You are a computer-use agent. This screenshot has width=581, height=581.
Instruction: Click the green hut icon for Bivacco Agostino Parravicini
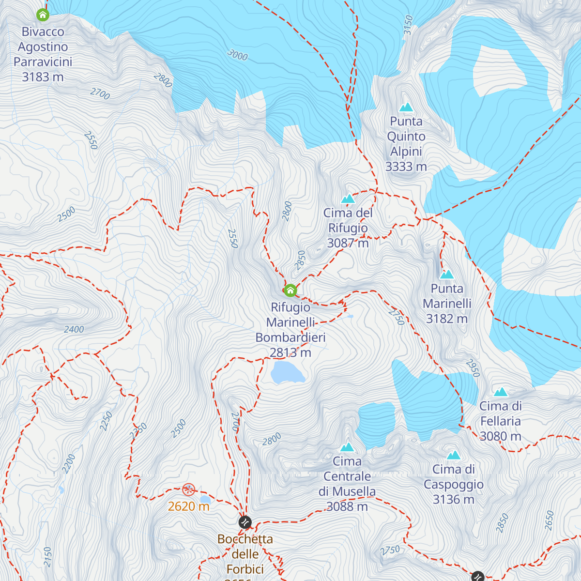[43, 15]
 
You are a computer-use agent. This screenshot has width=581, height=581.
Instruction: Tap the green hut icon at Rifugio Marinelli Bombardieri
[290, 290]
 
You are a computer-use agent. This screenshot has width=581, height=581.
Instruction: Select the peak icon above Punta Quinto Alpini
[406, 107]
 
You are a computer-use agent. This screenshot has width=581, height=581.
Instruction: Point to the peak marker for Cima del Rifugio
[348, 199]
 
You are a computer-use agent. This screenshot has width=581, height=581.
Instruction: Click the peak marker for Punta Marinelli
[446, 275]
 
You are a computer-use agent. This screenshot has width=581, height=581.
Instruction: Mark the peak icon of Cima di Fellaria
[501, 392]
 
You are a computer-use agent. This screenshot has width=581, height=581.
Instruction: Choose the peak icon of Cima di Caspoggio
[453, 455]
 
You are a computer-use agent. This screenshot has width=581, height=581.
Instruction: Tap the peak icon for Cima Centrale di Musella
[347, 447]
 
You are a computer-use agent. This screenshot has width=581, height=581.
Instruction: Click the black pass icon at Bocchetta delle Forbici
[245, 522]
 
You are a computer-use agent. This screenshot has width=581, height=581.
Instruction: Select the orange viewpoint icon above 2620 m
[188, 489]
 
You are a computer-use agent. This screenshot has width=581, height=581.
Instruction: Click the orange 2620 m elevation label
[188, 506]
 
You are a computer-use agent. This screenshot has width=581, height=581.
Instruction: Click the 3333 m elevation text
[406, 167]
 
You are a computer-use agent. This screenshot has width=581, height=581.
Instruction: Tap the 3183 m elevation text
[43, 77]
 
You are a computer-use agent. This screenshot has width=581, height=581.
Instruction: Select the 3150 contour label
[408, 25]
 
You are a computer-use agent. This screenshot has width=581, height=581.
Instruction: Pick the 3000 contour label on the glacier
[237, 55]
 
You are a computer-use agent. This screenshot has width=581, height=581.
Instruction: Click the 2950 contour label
[473, 368]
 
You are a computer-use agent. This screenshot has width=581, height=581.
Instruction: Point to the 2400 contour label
[74, 330]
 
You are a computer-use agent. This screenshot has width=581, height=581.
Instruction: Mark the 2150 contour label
[47, 557]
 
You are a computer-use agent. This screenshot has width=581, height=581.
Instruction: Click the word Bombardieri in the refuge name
[290, 337]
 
